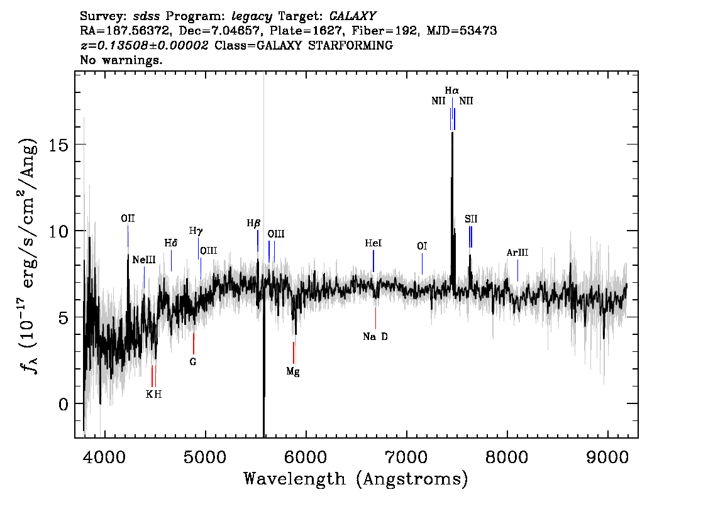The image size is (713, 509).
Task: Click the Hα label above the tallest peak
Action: coord(451,90)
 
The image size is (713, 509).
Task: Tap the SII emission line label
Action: coord(471,219)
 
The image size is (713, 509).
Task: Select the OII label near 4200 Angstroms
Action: coord(128,219)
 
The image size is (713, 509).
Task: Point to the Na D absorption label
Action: coord(375,337)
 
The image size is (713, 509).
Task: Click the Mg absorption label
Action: coord(293,372)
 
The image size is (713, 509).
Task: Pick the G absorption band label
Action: coord(193,362)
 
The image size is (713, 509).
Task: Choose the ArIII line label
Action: coord(517,253)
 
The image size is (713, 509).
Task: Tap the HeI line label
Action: coord(373,244)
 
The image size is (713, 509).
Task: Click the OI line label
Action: coord(422,246)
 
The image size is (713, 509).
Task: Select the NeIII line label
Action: coord(144,260)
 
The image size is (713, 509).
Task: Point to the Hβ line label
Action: coord(254,224)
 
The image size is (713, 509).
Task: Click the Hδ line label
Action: coord(170,243)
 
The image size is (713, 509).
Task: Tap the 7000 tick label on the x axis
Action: coord(406,457)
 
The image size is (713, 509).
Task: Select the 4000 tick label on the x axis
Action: coord(105,457)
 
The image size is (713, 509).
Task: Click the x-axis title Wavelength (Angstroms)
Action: coord(356,479)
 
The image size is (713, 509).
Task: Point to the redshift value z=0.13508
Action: coord(144,45)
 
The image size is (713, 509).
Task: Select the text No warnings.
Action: coord(121,60)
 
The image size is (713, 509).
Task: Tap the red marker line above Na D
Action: coord(375,318)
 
